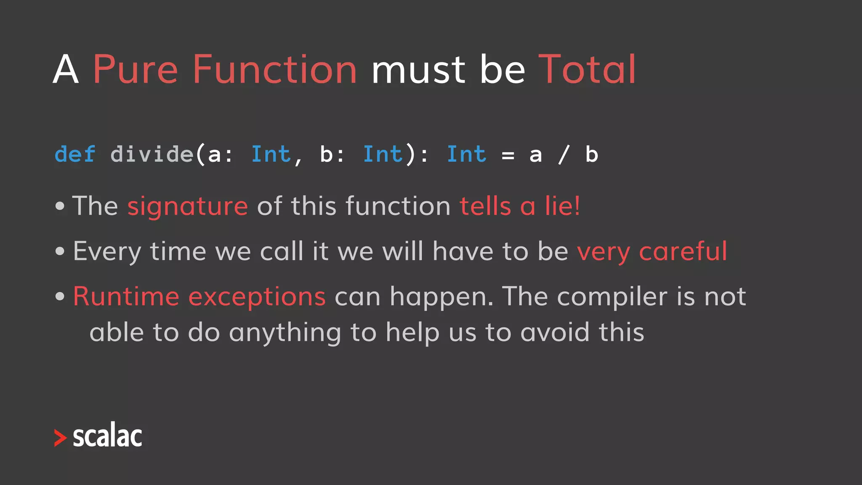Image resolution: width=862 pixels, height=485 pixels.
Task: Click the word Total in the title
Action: (587, 69)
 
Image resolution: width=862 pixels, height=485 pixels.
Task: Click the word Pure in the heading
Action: (135, 69)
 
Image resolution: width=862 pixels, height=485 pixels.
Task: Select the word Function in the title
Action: (274, 69)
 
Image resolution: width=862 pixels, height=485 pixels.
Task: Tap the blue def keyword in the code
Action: (75, 154)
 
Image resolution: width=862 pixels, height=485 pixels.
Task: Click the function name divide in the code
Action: (152, 154)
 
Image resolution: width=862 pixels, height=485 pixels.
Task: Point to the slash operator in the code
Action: (564, 154)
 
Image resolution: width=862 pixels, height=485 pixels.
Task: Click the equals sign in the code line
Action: (508, 155)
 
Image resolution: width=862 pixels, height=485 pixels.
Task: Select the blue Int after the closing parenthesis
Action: (466, 154)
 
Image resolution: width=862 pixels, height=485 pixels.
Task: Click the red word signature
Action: (188, 206)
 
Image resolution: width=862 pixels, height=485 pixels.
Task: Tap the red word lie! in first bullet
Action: (562, 206)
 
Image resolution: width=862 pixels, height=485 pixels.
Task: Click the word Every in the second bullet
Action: (107, 251)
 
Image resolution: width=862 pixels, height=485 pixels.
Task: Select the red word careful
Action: (683, 251)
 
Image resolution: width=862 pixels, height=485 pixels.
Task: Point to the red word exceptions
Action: (257, 296)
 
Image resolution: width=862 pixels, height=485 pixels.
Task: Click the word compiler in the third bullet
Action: (612, 296)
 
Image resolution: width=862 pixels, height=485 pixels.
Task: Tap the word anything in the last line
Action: (285, 333)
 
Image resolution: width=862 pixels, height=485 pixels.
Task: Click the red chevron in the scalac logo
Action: (60, 438)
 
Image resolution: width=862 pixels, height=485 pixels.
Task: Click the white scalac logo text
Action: (107, 436)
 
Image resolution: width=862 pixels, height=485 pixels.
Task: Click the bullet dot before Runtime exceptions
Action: (60, 296)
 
